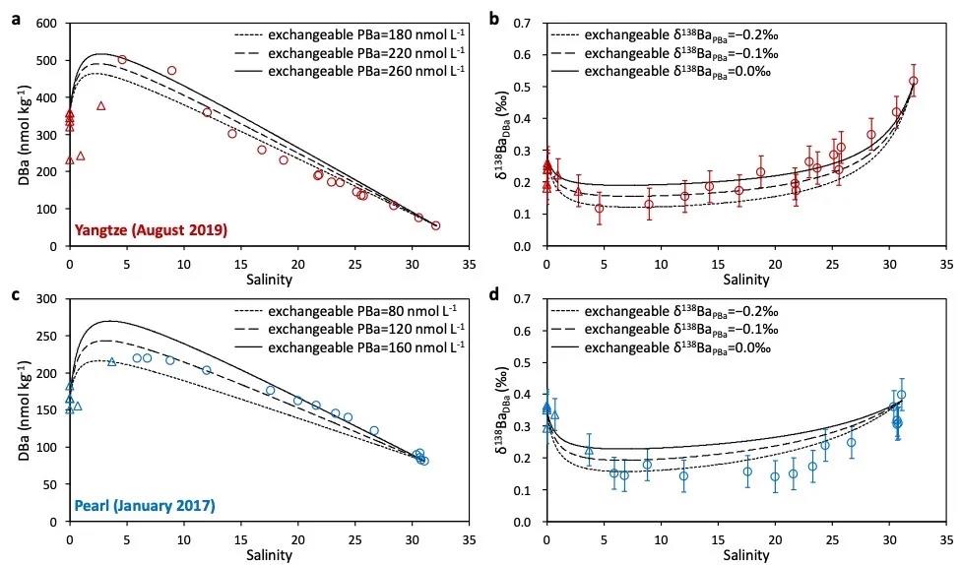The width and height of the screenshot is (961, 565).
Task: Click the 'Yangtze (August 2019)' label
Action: click(151, 230)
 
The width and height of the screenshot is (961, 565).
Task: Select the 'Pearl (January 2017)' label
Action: click(145, 506)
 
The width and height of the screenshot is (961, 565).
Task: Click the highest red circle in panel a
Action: click(122, 60)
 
